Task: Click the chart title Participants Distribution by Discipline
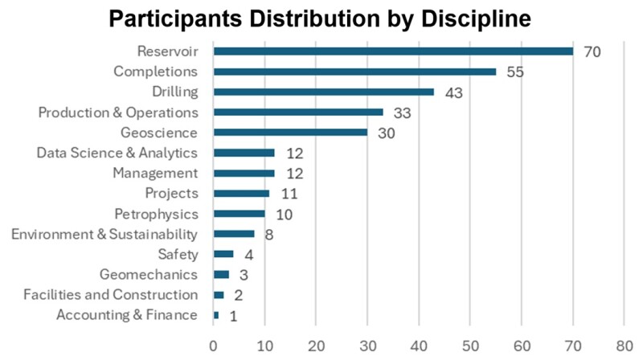point(321,18)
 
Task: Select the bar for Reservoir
point(393,51)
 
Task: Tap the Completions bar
point(354,72)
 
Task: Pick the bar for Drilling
point(324,92)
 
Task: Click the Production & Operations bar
point(298,112)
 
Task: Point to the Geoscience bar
point(290,133)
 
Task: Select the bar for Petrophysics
point(239,214)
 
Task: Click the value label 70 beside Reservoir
point(593,52)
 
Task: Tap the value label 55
point(516,72)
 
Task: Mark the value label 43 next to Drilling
point(454,92)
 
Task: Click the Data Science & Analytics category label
point(117,153)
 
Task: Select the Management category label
point(155,173)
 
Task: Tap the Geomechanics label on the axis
point(148,274)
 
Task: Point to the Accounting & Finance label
point(126,315)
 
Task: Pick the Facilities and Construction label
point(111,295)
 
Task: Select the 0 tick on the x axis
point(214,345)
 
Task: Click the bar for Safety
point(223,255)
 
